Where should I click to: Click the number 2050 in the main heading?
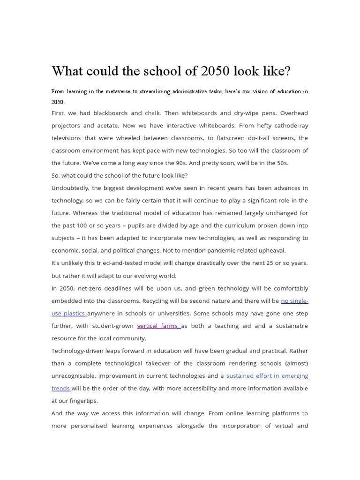pyautogui.click(x=215, y=71)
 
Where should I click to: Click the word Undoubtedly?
pyautogui.click(x=70, y=188)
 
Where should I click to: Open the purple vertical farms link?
pyautogui.click(x=158, y=326)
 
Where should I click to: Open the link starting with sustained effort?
pyautogui.click(x=267, y=375)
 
